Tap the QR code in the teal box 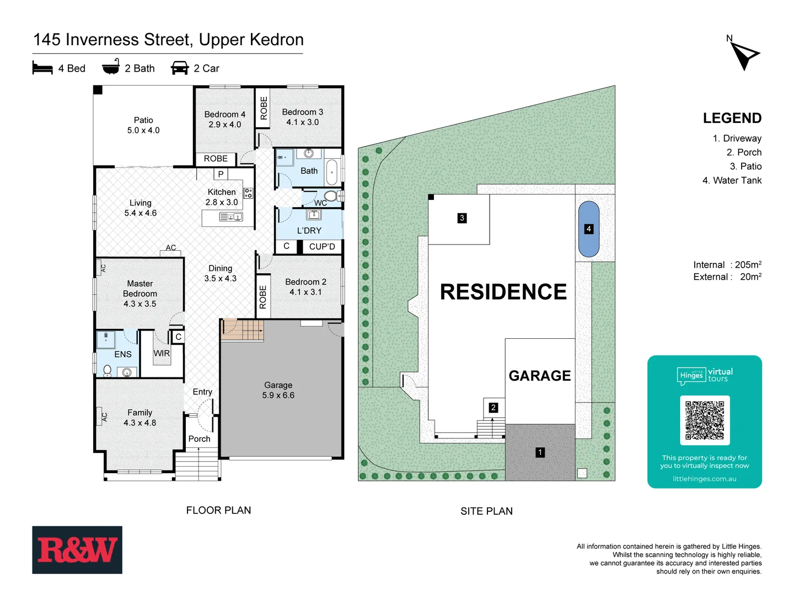705,420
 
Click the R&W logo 77,550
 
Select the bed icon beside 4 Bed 42,68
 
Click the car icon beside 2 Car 180,68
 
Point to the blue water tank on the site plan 589,229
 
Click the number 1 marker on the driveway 540,452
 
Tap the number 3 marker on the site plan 462,218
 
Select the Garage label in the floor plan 278,385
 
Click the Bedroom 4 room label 224,115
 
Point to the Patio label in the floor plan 143,120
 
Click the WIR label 162,354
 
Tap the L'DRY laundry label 309,230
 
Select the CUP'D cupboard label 322,247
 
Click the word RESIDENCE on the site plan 503,292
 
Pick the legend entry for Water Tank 732,181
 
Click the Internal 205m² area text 727,265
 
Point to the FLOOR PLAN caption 218,511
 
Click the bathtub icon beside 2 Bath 111,67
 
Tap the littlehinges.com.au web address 704,479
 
